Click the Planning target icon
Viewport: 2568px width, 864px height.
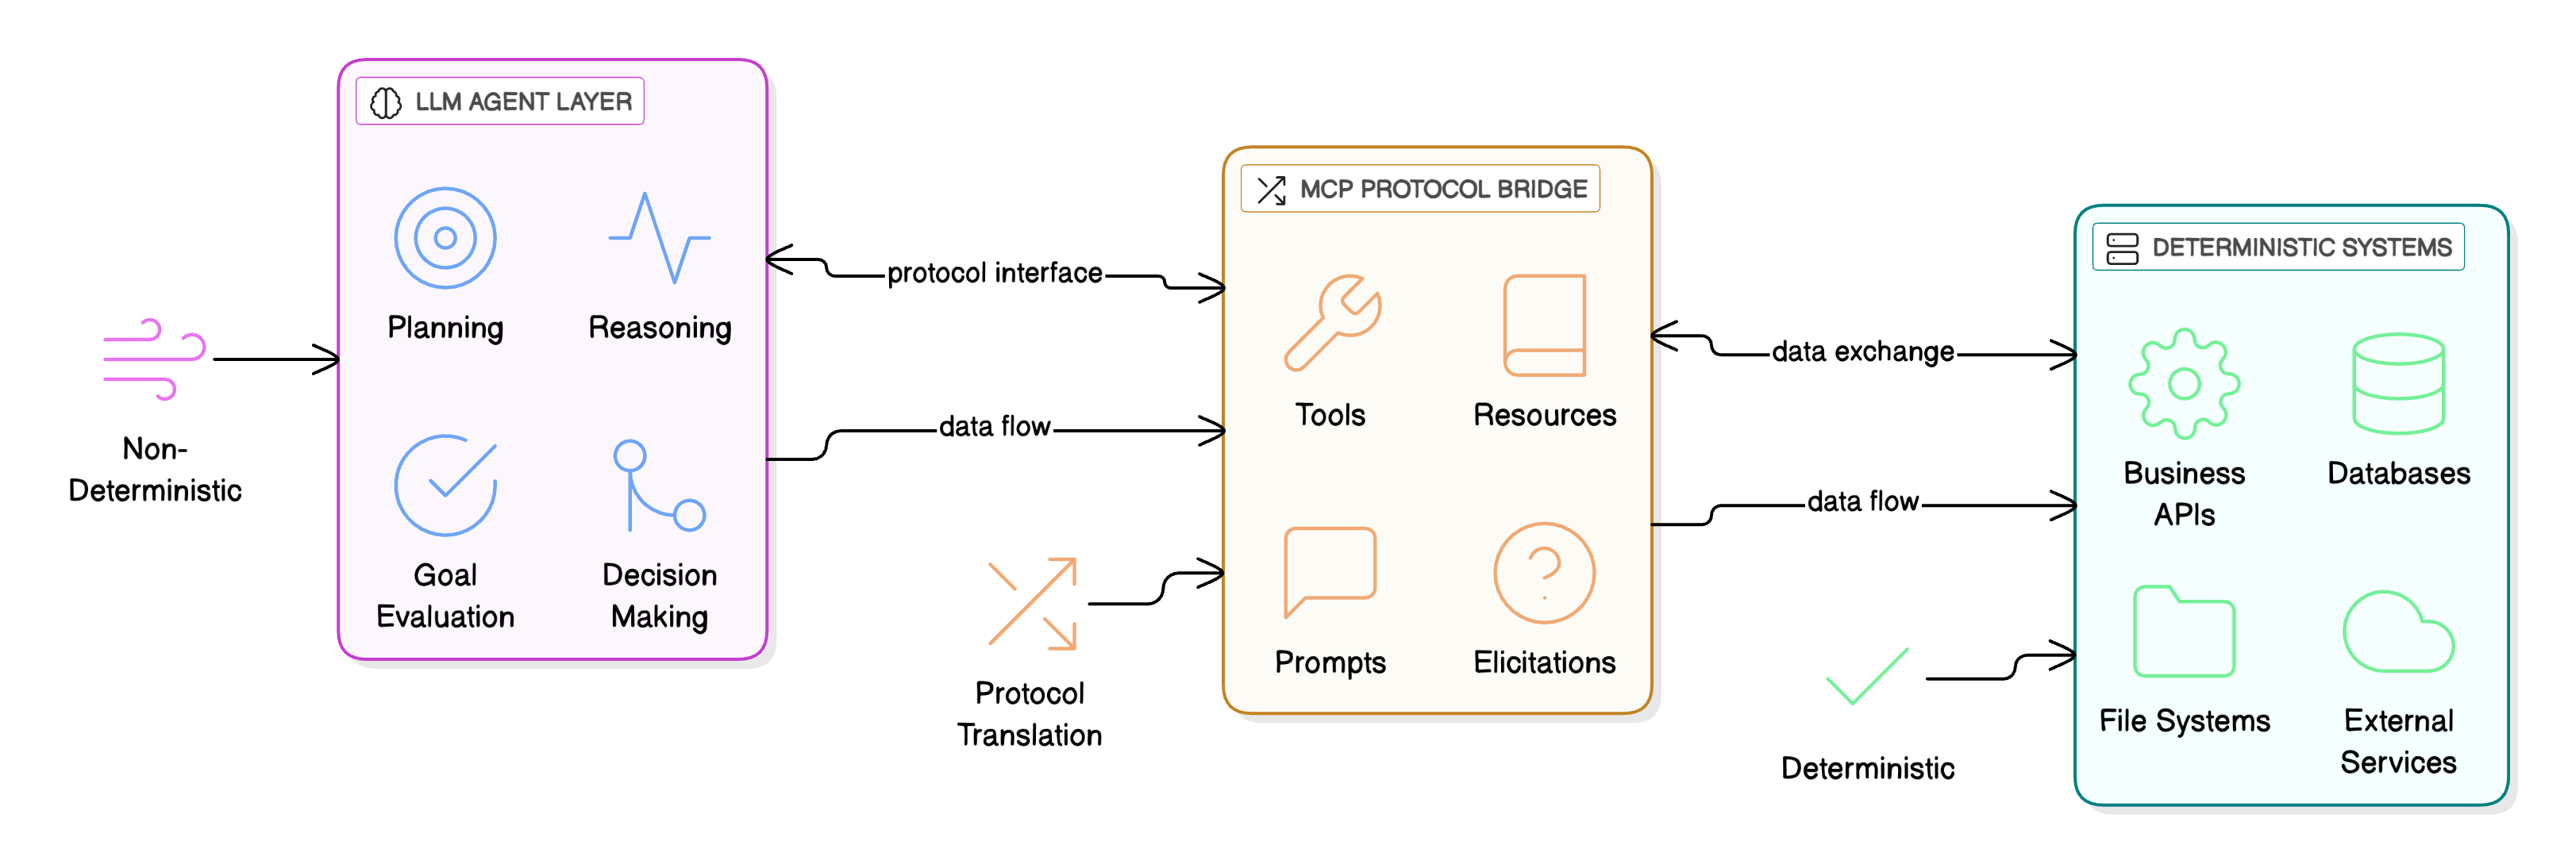(445, 238)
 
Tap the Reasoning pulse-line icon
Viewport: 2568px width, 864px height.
(659, 238)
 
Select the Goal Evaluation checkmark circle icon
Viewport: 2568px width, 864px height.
(445, 486)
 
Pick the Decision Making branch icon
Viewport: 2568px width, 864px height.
(658, 486)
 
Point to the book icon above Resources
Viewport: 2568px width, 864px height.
(1544, 324)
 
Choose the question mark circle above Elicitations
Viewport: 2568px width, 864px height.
(1544, 572)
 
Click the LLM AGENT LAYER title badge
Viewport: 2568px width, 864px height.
(500, 102)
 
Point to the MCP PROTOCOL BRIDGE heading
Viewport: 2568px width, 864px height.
(1421, 190)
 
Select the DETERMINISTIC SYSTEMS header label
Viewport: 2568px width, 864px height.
(2278, 248)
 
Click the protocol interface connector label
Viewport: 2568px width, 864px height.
(994, 273)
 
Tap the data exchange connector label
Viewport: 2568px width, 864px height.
(1862, 351)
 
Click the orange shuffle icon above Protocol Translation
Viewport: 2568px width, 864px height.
(1032, 604)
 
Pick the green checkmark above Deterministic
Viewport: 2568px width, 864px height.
(1867, 677)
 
